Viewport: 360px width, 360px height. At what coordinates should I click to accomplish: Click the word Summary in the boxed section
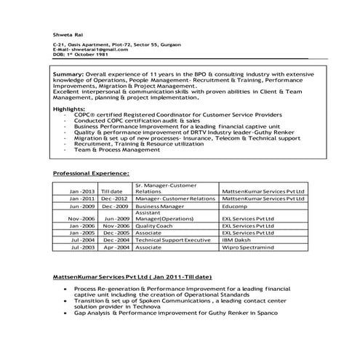pyautogui.click(x=68, y=76)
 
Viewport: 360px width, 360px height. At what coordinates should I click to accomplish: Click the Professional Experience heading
pyautogui.click(x=92, y=173)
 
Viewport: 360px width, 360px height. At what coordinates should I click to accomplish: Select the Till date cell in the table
pyautogui.click(x=115, y=191)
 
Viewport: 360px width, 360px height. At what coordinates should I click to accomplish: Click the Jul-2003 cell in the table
pyautogui.click(x=83, y=247)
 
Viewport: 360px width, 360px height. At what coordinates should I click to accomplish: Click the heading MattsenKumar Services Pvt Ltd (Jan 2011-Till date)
pyautogui.click(x=132, y=278)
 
